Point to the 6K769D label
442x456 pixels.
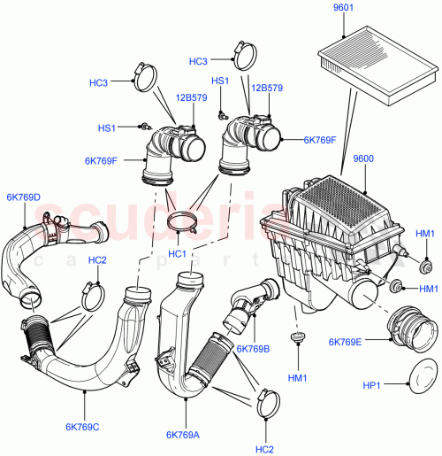point(24,197)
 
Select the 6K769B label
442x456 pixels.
point(253,349)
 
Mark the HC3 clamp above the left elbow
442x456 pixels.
point(144,74)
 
